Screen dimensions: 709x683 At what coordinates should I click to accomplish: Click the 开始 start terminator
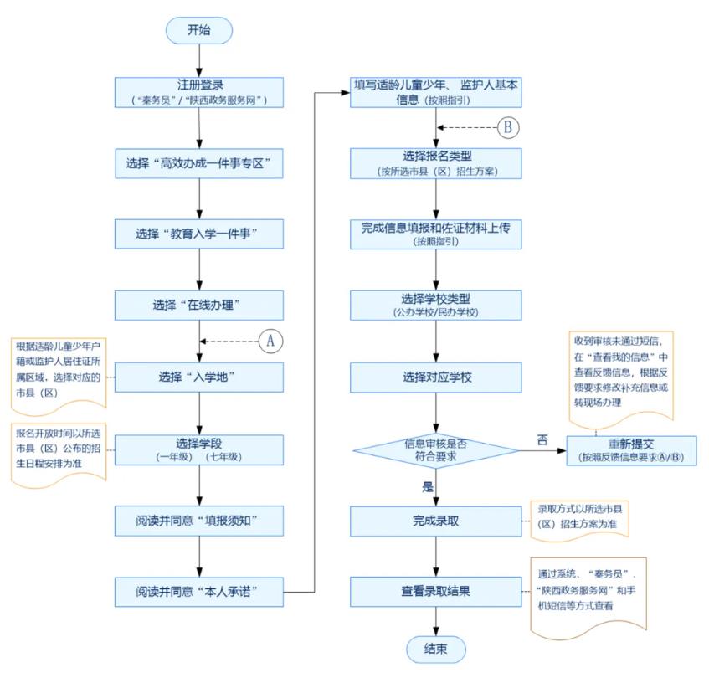click(199, 30)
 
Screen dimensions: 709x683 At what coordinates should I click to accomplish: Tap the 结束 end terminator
click(436, 649)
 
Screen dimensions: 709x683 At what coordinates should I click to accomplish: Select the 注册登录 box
click(199, 92)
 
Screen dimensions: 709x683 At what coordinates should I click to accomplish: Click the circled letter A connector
click(271, 341)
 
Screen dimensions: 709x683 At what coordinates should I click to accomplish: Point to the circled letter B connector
click(508, 127)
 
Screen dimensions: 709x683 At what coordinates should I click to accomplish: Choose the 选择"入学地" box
click(199, 377)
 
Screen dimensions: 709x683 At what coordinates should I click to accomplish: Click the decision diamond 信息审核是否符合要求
click(436, 450)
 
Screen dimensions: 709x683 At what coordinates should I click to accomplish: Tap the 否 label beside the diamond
click(542, 439)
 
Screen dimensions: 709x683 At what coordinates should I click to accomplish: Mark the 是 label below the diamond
click(427, 487)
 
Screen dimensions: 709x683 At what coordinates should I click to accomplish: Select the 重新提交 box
click(631, 450)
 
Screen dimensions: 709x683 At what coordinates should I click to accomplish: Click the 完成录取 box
click(436, 521)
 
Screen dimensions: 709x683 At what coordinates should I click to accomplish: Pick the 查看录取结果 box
click(436, 592)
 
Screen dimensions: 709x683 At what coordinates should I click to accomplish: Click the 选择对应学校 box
click(436, 377)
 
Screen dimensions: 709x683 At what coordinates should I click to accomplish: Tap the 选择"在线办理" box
click(199, 306)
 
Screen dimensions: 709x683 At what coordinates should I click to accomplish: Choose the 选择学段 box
click(199, 449)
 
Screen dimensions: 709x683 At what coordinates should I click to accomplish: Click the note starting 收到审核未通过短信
click(621, 379)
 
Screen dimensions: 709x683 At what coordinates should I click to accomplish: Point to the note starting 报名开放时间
click(59, 454)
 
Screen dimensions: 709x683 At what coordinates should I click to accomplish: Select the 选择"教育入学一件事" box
click(199, 234)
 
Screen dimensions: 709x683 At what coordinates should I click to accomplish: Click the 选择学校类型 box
click(436, 306)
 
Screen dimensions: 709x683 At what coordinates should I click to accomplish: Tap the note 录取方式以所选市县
click(579, 521)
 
